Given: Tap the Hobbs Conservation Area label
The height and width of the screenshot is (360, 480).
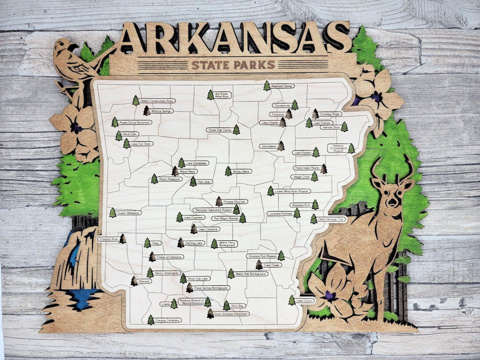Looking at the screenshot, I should (x=156, y=101).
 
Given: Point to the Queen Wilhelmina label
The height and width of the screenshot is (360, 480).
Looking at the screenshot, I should (x=129, y=213).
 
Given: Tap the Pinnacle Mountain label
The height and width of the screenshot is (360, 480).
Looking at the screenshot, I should (x=234, y=201).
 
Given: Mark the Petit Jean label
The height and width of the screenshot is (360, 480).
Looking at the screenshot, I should (x=205, y=182).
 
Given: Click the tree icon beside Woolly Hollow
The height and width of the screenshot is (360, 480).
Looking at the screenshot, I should (x=228, y=171).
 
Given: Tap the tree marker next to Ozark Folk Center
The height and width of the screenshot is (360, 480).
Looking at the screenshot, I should (x=236, y=129).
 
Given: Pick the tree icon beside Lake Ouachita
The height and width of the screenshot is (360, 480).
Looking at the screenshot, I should (x=180, y=217).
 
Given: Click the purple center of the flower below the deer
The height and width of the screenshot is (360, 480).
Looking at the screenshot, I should (x=330, y=295).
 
